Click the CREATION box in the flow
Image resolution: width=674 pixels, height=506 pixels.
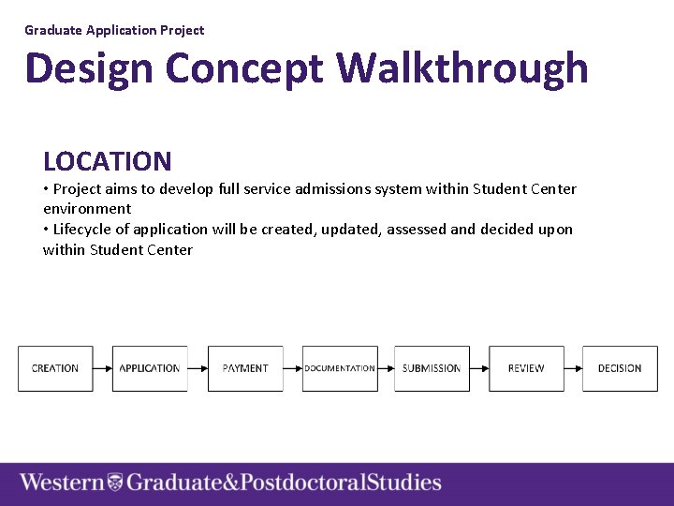coord(55,368)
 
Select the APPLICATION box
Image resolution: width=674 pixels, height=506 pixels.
coord(150,368)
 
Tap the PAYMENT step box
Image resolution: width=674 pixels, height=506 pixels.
coord(245,368)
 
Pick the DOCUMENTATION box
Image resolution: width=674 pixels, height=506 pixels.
coord(340,368)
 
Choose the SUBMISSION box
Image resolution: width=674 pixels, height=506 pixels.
coord(432,368)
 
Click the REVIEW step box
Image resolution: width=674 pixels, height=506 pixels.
coord(526,368)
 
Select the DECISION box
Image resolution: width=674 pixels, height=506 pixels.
coord(620,368)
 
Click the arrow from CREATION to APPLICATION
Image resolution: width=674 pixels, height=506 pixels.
coord(103,368)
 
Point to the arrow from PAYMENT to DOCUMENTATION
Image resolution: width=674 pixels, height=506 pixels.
coord(292,368)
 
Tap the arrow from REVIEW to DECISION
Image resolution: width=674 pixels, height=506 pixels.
coord(573,368)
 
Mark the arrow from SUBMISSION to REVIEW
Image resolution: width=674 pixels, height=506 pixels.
coord(479,368)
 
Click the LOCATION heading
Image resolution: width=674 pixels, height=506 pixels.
coord(108,162)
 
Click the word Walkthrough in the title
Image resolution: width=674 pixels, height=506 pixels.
coord(462,68)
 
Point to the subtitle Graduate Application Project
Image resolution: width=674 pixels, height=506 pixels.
coord(114,30)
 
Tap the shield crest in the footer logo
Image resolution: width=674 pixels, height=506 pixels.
coord(115,483)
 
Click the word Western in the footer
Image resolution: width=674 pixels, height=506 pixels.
coord(62,483)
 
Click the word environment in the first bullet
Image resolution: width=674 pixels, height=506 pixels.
coord(87,208)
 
